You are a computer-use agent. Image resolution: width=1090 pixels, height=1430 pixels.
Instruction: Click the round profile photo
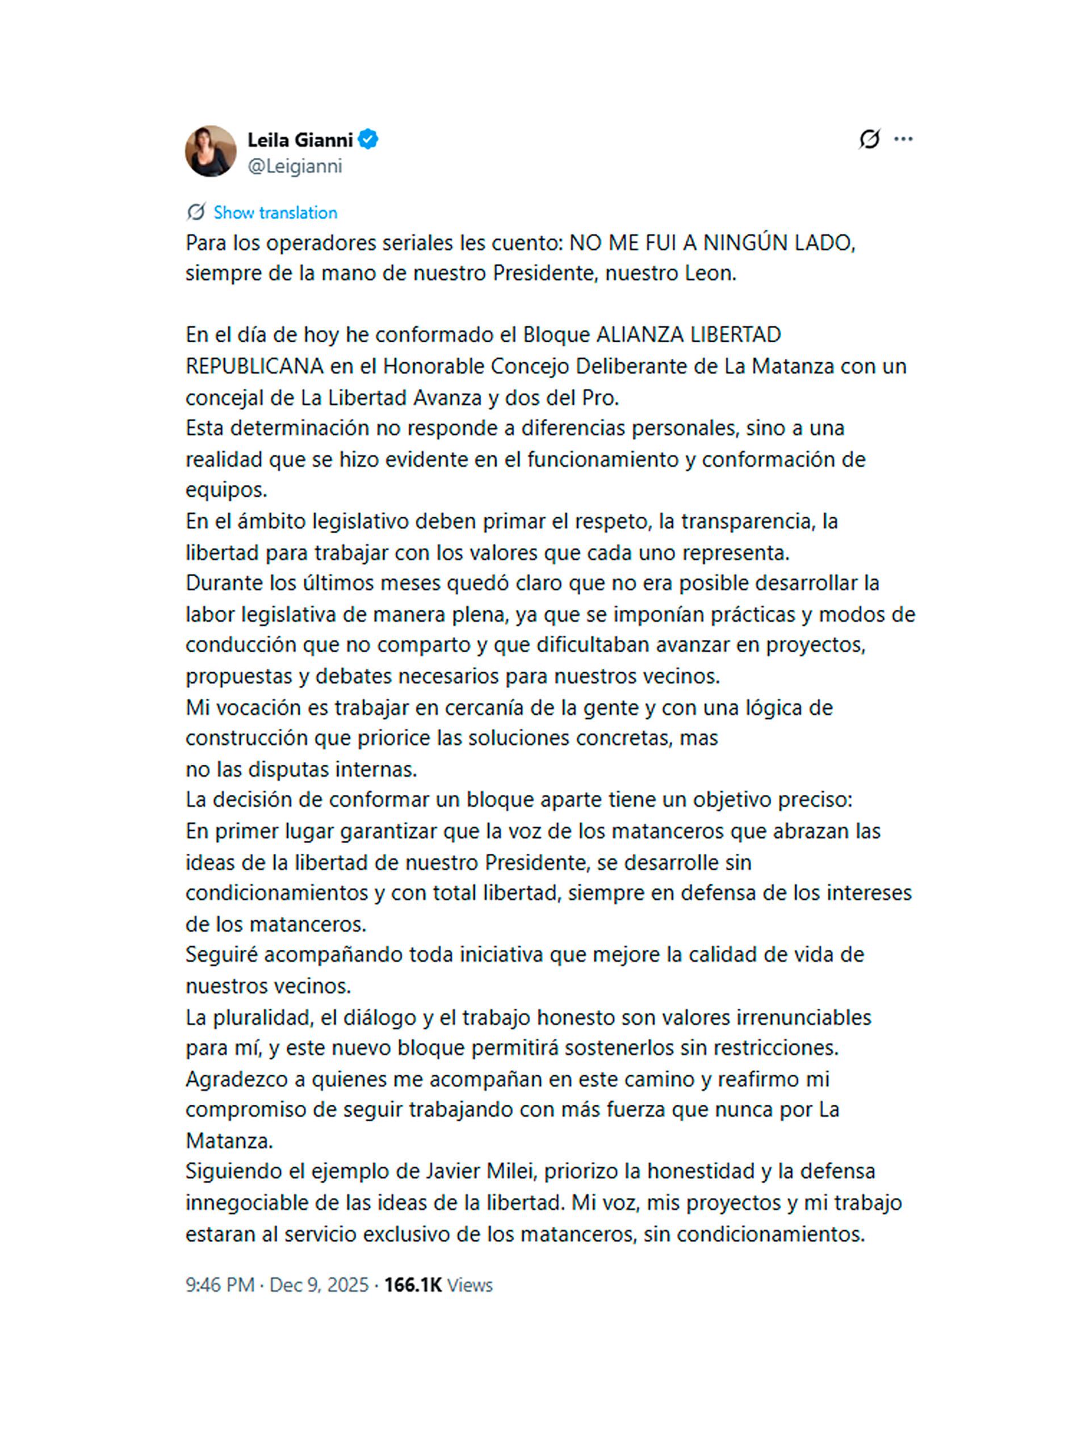pos(210,151)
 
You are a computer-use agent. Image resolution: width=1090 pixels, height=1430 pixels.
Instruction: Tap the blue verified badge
pos(368,140)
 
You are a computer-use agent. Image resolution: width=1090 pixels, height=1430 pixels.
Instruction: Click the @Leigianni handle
pos(295,167)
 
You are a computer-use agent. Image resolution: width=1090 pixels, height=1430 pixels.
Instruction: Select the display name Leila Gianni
pos(300,140)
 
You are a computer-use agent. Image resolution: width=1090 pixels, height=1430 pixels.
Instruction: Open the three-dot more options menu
pos(903,139)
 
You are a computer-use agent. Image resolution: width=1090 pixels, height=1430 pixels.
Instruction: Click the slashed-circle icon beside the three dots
pos(869,139)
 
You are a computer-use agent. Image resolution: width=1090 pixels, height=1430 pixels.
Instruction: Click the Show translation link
pos(275,213)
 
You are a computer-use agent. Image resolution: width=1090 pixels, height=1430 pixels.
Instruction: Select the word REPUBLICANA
pos(254,367)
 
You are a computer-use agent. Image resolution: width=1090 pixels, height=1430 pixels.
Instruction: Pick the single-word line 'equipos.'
pos(227,490)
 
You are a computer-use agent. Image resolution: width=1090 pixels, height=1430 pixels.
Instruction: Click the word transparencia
pos(748,522)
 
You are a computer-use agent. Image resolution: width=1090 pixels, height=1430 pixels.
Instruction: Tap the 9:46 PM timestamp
pos(220,1285)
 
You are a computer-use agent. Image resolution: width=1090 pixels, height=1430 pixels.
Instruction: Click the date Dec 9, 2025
pos(318,1285)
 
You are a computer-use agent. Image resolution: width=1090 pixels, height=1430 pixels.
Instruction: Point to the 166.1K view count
pos(413,1285)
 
